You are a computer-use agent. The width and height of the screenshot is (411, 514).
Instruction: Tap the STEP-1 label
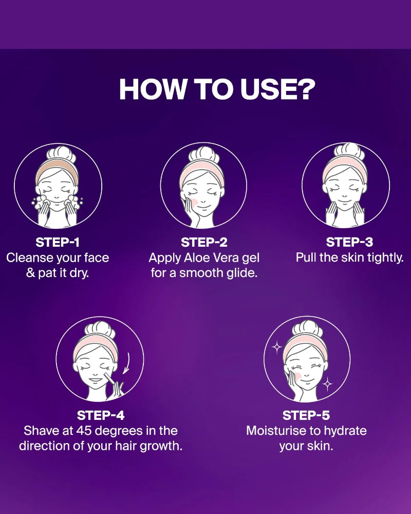[58, 242]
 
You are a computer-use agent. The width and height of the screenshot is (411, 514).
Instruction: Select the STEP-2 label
[204, 242]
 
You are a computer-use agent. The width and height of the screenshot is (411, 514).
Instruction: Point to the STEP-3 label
[349, 242]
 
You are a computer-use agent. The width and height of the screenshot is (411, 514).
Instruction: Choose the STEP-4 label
[101, 415]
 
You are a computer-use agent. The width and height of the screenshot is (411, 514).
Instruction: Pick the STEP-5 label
[306, 415]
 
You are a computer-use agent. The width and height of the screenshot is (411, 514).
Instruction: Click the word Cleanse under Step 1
[30, 258]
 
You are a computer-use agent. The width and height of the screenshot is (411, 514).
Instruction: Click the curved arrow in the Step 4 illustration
[126, 363]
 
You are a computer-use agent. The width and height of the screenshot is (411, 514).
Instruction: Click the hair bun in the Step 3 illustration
[349, 151]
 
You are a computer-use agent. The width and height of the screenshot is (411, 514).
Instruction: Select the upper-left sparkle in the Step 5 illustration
[277, 347]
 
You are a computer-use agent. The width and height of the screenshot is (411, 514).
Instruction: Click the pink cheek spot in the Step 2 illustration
[194, 203]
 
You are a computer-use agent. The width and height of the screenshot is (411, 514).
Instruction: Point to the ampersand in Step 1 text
[30, 273]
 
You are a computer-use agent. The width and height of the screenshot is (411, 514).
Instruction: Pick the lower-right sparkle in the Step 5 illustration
[327, 384]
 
